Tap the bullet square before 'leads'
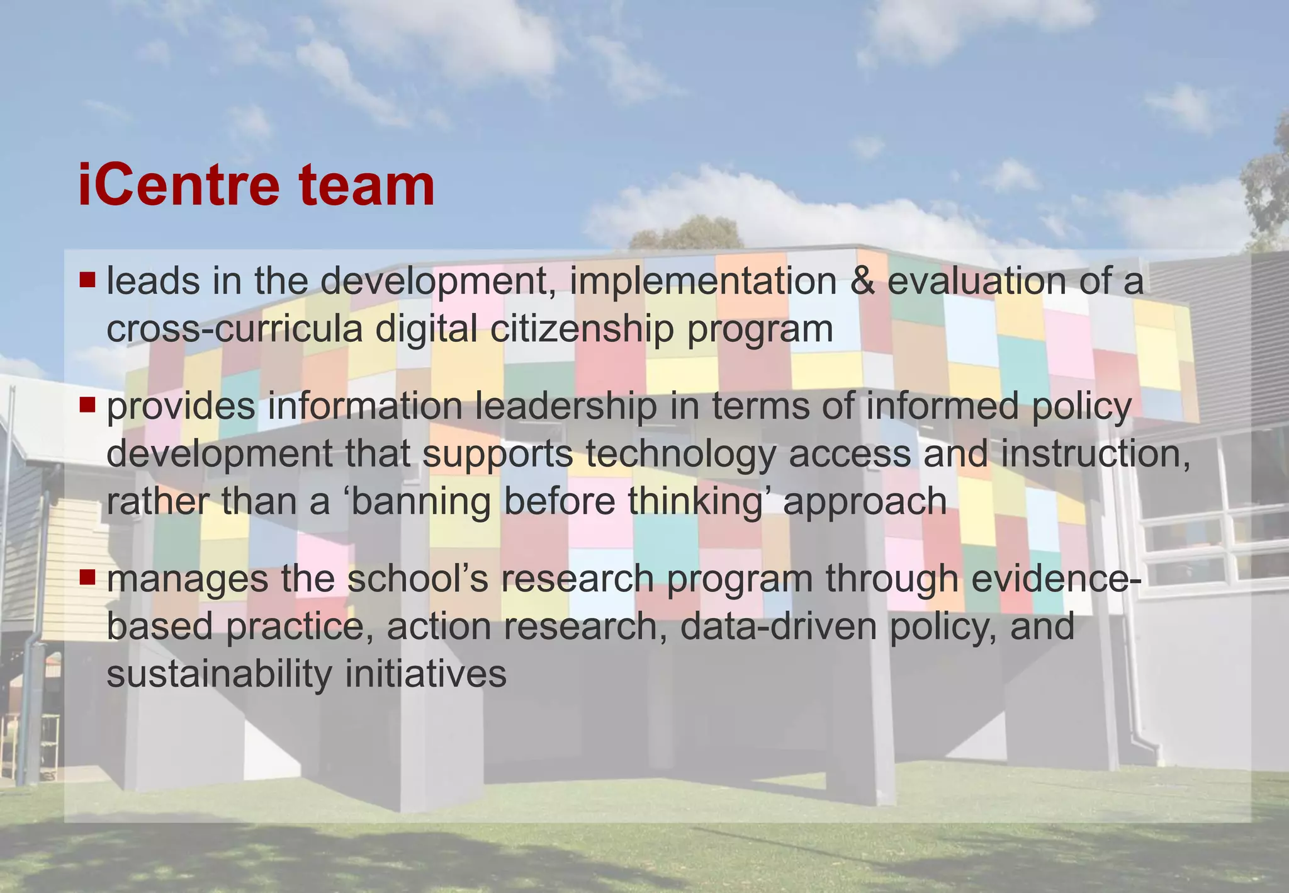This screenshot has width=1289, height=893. (87, 278)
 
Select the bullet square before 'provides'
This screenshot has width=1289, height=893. (87, 404)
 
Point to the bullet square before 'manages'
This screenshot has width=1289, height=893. (87, 576)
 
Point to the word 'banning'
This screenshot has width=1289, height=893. (420, 502)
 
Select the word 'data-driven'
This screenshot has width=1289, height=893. (778, 627)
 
